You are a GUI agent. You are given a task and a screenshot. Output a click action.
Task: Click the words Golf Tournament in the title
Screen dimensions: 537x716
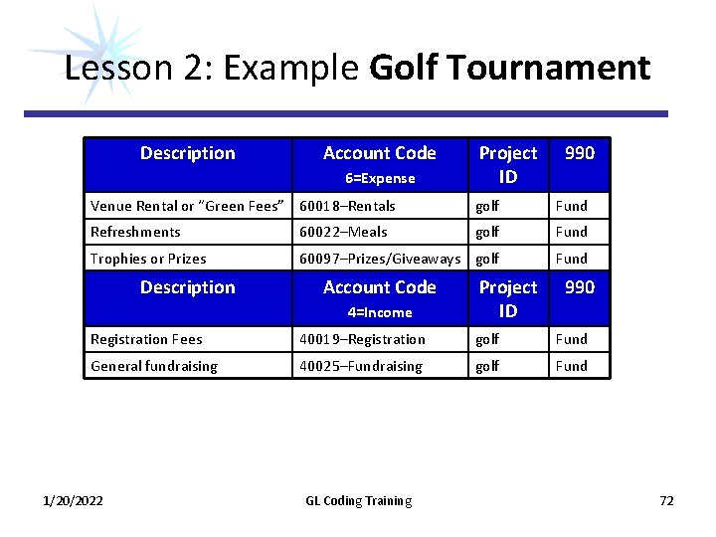pos(509,69)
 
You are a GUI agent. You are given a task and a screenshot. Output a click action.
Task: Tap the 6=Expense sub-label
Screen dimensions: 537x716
pos(380,179)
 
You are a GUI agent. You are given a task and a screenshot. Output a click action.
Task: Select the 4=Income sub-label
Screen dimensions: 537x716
pos(380,312)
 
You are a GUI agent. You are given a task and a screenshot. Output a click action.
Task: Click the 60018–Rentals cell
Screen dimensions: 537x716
pos(347,206)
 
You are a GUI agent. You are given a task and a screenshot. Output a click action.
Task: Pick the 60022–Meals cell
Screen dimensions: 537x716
pos(343,232)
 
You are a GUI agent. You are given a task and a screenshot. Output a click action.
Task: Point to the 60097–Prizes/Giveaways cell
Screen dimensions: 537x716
pos(380,259)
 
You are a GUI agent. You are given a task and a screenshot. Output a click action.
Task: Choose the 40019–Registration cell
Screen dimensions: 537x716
pos(362,339)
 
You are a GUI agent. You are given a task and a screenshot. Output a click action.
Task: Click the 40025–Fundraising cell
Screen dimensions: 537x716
pos(361,366)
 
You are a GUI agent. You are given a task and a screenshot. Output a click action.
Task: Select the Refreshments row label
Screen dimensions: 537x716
pos(135,232)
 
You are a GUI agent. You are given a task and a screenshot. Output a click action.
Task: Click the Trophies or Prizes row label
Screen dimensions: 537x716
pos(148,259)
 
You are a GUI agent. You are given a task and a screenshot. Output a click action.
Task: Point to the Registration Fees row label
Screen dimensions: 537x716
pos(146,339)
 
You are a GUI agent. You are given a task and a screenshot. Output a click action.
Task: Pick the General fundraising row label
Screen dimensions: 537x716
pos(153,366)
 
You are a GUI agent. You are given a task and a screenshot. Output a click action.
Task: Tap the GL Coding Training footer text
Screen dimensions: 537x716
pos(358,500)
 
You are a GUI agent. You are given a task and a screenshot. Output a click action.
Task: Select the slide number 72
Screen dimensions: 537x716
pos(666,500)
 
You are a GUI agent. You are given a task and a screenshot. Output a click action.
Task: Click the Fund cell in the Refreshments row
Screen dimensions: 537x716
pos(571,232)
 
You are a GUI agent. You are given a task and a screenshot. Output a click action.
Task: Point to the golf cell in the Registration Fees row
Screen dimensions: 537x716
pos(487,339)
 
